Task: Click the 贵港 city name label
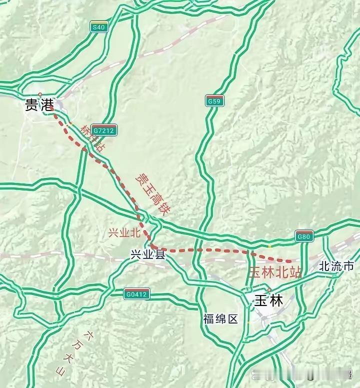coord(38,105)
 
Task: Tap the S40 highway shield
coord(99,28)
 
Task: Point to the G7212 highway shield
coord(104,130)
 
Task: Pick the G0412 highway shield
coord(136,294)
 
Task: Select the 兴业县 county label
coord(147,254)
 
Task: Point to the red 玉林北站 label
coord(275,273)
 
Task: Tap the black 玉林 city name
coord(268,301)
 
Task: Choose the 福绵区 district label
coord(220,319)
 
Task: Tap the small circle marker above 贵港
coord(40,94)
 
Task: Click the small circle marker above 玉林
coord(269,290)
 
